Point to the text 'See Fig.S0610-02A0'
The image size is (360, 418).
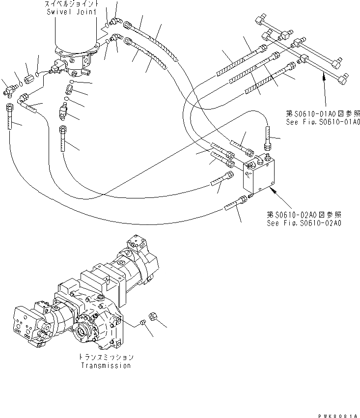point(304,222)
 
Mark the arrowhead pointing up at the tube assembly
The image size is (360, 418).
point(323,75)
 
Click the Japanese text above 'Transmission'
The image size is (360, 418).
point(106,357)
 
